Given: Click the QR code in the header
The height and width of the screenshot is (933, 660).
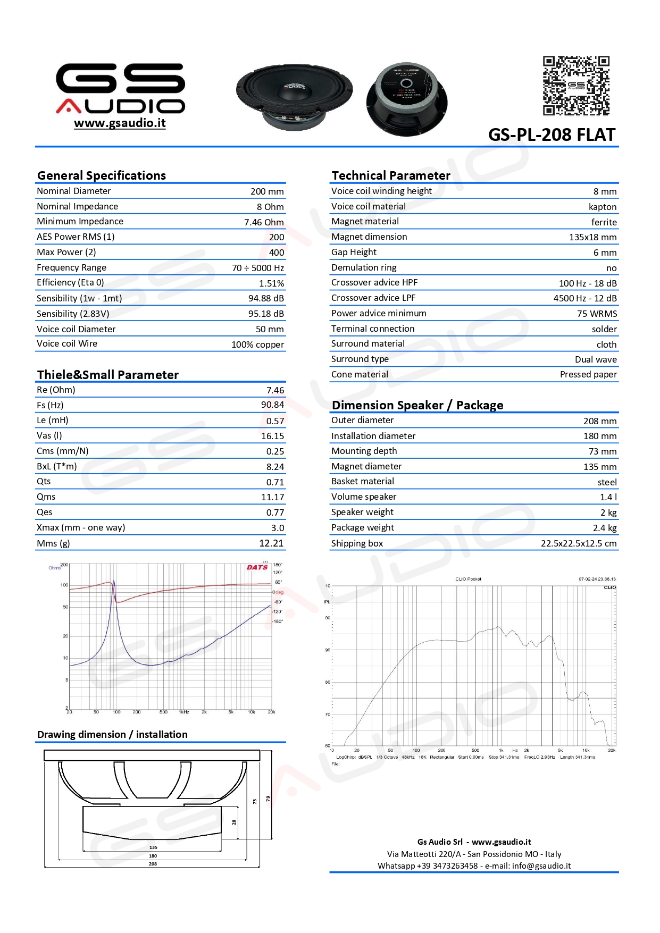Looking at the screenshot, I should point(576,86).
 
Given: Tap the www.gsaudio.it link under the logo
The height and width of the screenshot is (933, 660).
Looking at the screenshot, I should point(120,123).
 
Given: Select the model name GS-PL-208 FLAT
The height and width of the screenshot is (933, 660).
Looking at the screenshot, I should point(552,135).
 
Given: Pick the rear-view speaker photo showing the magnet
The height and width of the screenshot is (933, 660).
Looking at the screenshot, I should point(407,99).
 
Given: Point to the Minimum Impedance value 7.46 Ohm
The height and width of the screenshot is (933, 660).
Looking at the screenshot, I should point(264,222).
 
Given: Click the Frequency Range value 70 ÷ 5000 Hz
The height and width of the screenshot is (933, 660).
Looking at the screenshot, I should point(258,268).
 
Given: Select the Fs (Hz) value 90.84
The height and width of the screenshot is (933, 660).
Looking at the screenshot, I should point(272,405).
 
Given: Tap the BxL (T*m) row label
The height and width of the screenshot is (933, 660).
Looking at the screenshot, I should point(57,466).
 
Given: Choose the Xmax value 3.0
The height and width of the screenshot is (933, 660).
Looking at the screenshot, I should point(278,528).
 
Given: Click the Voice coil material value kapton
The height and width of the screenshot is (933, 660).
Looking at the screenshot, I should point(603,207).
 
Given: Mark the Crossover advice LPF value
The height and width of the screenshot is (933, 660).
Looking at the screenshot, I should point(585,298).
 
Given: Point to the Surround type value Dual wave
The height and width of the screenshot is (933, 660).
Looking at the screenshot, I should point(596,359).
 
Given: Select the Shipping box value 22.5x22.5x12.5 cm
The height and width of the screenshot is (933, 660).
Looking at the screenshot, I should point(579,543).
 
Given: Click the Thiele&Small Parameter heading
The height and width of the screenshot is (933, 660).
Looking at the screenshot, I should point(108,375).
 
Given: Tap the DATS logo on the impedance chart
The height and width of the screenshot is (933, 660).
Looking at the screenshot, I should point(257,567).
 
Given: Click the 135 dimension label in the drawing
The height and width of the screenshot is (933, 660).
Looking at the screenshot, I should point(153,847).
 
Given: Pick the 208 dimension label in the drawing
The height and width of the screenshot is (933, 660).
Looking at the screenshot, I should point(153,864).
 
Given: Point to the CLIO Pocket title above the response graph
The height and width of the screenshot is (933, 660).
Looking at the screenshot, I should point(468,579).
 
